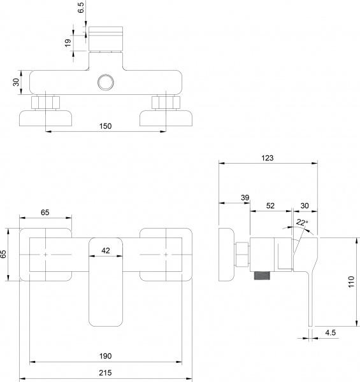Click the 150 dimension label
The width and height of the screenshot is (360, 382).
pos(106,126)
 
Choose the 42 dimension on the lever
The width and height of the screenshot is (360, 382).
pos(106,251)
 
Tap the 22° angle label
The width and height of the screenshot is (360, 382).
pos(302,222)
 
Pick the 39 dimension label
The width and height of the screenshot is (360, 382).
pos(245,199)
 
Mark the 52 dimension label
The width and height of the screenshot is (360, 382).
pos(270,206)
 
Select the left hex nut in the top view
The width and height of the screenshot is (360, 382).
pos(47,102)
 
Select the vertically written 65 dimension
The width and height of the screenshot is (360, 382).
pos(4,253)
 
